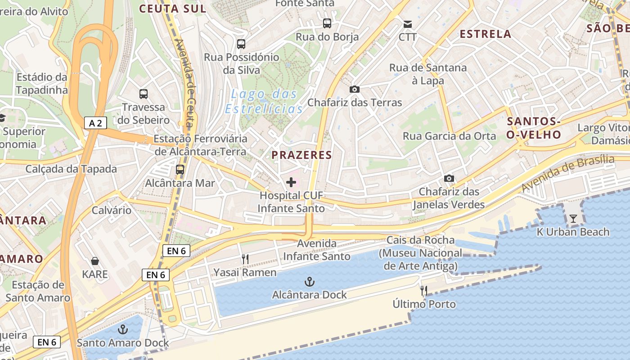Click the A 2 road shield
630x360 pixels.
(x=95, y=123)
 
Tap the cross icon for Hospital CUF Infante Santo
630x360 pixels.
(x=291, y=182)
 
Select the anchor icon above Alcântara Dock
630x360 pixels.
(x=310, y=282)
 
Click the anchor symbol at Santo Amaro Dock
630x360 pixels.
(x=122, y=330)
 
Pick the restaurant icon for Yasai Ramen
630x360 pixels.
(x=245, y=259)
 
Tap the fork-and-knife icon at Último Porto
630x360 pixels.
(x=423, y=291)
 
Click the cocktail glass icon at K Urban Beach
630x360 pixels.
(x=573, y=219)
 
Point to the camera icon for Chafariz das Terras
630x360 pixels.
(x=355, y=89)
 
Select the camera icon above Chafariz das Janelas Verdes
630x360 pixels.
(x=449, y=178)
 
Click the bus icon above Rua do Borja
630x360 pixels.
(x=327, y=23)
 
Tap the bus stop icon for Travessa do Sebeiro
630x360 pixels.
(x=144, y=94)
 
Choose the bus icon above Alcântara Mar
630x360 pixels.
(x=180, y=170)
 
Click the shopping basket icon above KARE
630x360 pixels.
(x=95, y=261)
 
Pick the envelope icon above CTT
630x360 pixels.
(x=408, y=24)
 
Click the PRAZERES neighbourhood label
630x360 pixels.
(x=301, y=155)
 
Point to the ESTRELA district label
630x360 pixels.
(x=486, y=34)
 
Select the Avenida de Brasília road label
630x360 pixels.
(x=568, y=173)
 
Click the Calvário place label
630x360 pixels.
(x=112, y=210)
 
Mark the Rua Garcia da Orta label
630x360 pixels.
(x=449, y=136)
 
